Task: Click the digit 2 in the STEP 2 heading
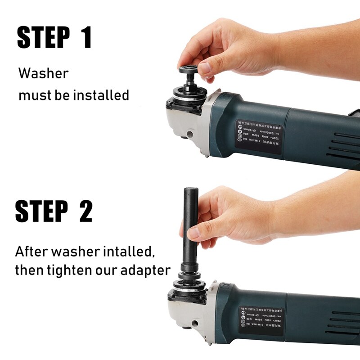point(85,211)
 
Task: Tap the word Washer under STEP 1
point(43,73)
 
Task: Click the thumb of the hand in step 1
point(204,67)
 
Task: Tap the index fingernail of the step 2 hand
point(193,233)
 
